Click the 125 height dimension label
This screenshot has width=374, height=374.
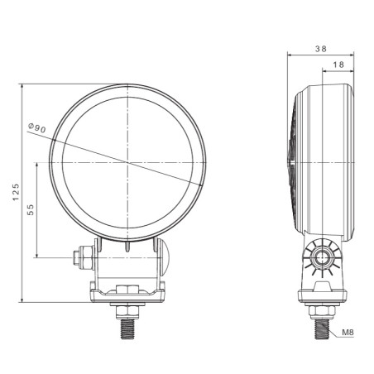pyautogui.click(x=14, y=193)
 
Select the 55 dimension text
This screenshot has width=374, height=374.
pyautogui.click(x=31, y=209)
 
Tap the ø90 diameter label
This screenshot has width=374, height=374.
pyautogui.click(x=37, y=128)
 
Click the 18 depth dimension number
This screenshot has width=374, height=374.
pyautogui.click(x=338, y=65)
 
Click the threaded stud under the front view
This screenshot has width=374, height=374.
pyautogui.click(x=128, y=328)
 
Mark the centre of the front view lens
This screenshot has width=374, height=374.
pyautogui.click(x=128, y=161)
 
